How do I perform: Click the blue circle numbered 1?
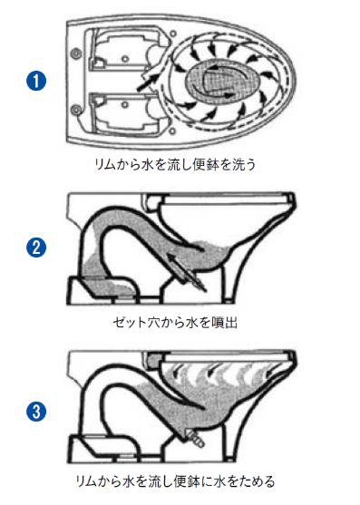(x=36, y=80)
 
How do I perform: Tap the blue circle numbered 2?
(x=36, y=248)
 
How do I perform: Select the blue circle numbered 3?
(x=36, y=412)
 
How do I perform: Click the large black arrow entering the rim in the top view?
(x=148, y=83)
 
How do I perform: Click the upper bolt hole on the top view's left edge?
(x=77, y=53)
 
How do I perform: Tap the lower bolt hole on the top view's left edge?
(x=77, y=110)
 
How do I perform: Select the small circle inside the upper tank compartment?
(x=126, y=59)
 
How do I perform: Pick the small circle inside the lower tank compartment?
(x=126, y=104)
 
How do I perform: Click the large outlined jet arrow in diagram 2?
(x=187, y=270)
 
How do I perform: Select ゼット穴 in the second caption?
(x=134, y=322)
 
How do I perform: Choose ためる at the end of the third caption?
(x=259, y=481)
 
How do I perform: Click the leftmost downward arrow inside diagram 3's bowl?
(x=177, y=371)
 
